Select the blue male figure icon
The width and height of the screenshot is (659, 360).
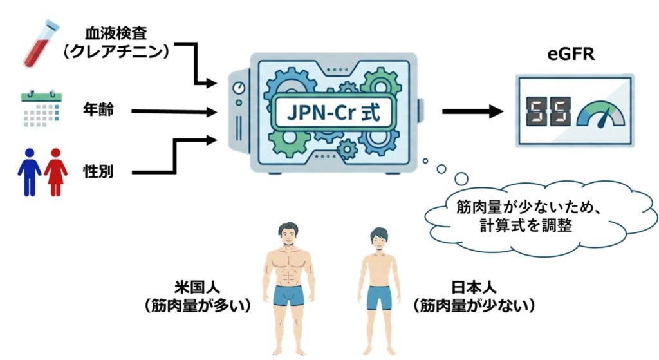click(30, 170)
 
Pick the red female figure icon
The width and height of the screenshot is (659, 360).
click(56, 170)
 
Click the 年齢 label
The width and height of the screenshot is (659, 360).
click(98, 110)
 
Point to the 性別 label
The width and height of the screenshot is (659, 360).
click(98, 172)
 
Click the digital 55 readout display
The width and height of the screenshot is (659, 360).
click(549, 113)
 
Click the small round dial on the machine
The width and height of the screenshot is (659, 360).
click(239, 88)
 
